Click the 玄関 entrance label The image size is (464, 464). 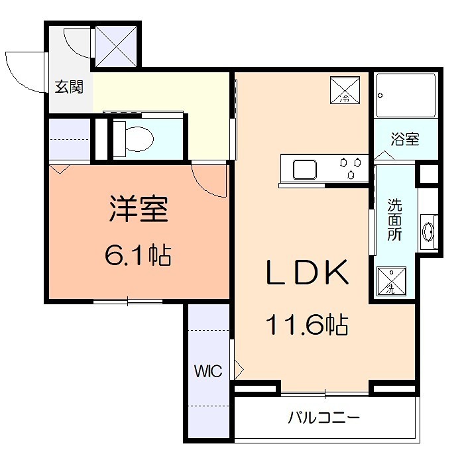point(69,87)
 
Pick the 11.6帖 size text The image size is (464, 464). point(307,324)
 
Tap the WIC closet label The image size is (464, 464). point(207,371)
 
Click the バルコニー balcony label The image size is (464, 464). point(323,418)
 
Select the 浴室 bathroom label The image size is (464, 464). point(404,140)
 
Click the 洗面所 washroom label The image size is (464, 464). point(394,220)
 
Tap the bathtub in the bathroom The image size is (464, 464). point(405,95)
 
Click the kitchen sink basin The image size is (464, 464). point(304,170)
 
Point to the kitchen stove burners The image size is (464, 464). point(351,168)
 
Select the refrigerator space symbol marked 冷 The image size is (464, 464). point(345,90)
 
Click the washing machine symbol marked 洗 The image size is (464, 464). point(392,280)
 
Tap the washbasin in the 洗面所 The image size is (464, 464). point(428,230)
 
